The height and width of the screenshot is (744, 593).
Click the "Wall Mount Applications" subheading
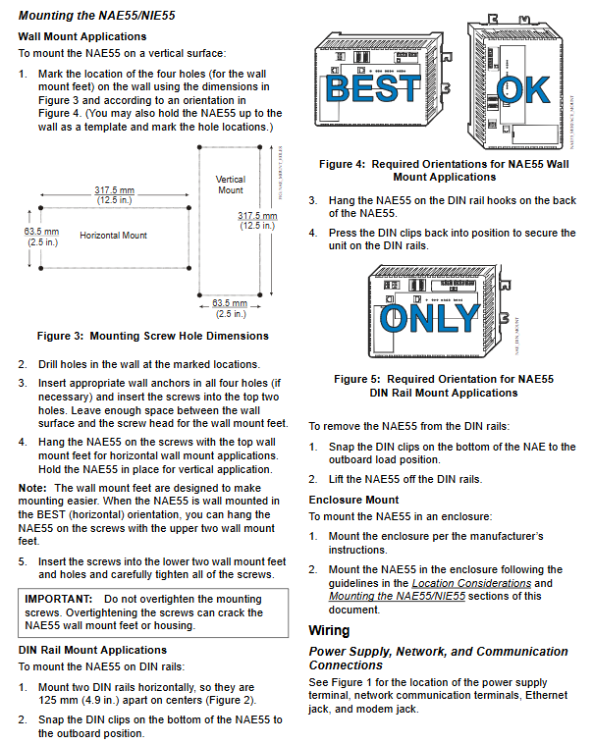point(82,36)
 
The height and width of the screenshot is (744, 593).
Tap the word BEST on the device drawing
point(372,90)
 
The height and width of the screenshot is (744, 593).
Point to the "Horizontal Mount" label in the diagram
point(114,236)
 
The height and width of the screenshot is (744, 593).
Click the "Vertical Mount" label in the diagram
point(230,185)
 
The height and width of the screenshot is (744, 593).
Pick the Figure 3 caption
point(153,336)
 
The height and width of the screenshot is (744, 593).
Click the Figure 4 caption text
point(444,170)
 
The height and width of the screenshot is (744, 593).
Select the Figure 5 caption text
point(443,385)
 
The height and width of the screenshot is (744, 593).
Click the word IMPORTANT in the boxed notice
point(59,598)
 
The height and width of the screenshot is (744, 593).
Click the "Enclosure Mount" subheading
point(353,500)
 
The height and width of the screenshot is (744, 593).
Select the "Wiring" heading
point(329,630)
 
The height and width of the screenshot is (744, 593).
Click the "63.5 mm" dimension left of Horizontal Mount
point(41,232)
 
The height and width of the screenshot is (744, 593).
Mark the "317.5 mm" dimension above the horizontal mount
point(114,189)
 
